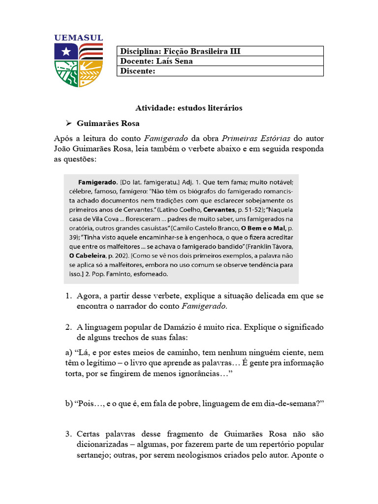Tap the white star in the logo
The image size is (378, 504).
pyautogui.click(x=65, y=51)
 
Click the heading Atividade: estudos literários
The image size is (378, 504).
pyautogui.click(x=189, y=108)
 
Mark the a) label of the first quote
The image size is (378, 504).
pyautogui.click(x=68, y=353)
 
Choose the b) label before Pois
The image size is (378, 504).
pyautogui.click(x=68, y=404)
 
